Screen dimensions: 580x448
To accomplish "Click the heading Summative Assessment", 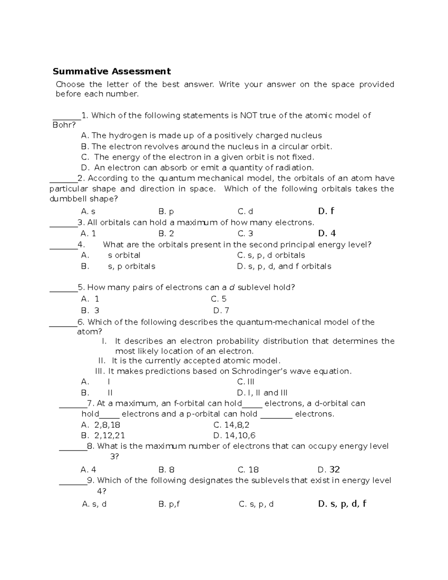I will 112,71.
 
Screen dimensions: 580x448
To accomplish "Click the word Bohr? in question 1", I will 64,125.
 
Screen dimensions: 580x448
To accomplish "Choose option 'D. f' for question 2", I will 326,211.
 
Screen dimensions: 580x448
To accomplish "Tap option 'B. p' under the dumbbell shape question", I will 166,212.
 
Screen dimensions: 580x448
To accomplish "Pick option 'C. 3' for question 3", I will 245,234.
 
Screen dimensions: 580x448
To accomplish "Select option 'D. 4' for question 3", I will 327,233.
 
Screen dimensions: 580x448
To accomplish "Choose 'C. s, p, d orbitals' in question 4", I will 271,255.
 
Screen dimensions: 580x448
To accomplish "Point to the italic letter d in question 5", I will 231,288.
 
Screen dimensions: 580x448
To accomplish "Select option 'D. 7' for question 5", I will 221,311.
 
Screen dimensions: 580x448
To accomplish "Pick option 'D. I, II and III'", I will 262,393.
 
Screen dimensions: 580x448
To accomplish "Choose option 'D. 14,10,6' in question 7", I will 234,435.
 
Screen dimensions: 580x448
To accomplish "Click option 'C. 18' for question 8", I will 248,470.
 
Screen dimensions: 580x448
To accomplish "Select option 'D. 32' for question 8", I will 329,469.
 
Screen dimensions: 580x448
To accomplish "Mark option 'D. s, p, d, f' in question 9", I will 342,504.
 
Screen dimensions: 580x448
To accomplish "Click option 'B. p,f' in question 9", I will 169,505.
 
